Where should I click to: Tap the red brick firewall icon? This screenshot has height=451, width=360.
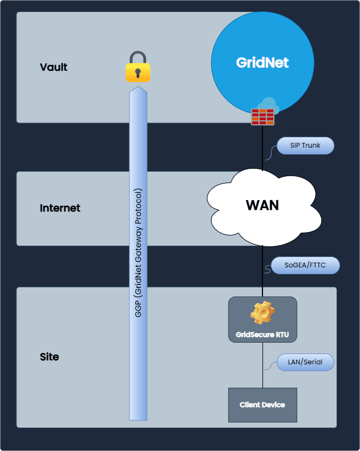pyautogui.click(x=262, y=116)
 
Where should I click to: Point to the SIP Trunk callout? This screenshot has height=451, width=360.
pyautogui.click(x=305, y=145)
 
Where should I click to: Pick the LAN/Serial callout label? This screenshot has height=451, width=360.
pyautogui.click(x=305, y=362)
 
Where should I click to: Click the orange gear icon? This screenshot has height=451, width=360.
pyautogui.click(x=262, y=313)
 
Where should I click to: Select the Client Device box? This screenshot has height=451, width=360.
pyautogui.click(x=262, y=405)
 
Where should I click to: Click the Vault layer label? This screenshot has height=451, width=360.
pyautogui.click(x=54, y=67)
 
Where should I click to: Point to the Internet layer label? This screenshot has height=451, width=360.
pyautogui.click(x=60, y=208)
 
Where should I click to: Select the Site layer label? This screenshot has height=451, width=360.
pyautogui.click(x=49, y=357)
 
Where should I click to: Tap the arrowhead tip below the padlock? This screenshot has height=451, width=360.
pyautogui.click(x=139, y=89)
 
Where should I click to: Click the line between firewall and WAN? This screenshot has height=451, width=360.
pyautogui.click(x=262, y=148)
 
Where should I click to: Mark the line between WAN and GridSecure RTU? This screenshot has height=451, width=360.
pyautogui.click(x=262, y=271)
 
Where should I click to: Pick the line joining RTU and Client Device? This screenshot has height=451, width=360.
pyautogui.click(x=262, y=365)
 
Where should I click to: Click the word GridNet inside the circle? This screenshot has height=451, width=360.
pyautogui.click(x=262, y=63)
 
